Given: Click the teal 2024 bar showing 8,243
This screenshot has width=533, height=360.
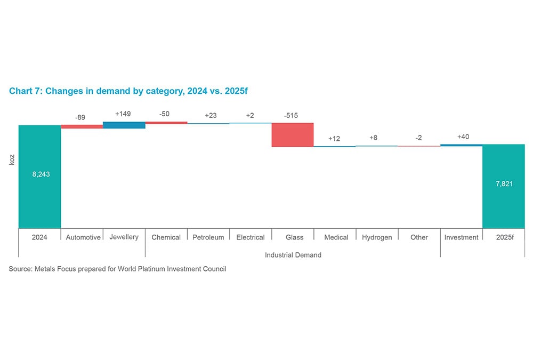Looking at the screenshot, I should [40, 177].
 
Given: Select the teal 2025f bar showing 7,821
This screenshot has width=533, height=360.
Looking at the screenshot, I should [503, 186].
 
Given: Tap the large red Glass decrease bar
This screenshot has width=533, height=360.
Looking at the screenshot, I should [293, 134].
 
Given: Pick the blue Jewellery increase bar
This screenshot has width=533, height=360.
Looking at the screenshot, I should [124, 125].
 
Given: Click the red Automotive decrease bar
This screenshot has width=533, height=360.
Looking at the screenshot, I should [82, 126].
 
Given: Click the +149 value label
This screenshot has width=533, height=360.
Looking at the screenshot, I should [123, 114].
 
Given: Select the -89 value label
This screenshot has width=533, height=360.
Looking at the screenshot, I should [80, 117].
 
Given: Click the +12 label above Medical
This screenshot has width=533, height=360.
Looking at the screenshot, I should [334, 138].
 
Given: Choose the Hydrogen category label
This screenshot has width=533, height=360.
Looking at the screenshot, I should [377, 237].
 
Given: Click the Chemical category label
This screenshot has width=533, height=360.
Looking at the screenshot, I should [166, 237].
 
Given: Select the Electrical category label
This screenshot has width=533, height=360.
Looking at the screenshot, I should [251, 237].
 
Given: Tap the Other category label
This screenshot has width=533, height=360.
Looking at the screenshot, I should [419, 237].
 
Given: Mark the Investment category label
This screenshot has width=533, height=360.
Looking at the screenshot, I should [461, 237].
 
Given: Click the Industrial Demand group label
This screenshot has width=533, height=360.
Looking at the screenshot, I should [293, 255].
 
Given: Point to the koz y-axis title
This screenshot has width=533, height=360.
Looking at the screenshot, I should [12, 159].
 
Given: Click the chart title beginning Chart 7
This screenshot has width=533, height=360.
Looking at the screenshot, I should [128, 91].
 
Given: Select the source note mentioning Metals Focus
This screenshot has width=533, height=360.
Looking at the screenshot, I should [117, 269].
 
